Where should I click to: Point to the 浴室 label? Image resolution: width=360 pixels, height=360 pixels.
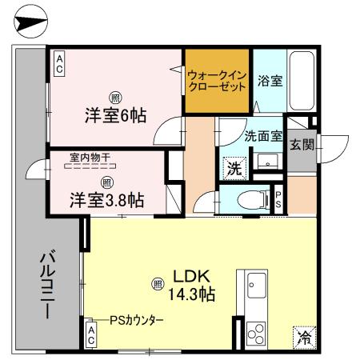270,81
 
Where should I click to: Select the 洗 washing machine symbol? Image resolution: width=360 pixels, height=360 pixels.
234,169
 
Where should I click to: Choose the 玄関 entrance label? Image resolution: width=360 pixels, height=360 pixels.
302,146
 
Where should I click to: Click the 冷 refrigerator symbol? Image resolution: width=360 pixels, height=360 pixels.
304,337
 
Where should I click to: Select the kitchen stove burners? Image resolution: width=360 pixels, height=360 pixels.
256,330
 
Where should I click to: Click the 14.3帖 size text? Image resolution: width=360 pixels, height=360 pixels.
190,294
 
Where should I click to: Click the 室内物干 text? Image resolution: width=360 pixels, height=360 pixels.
89,158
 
